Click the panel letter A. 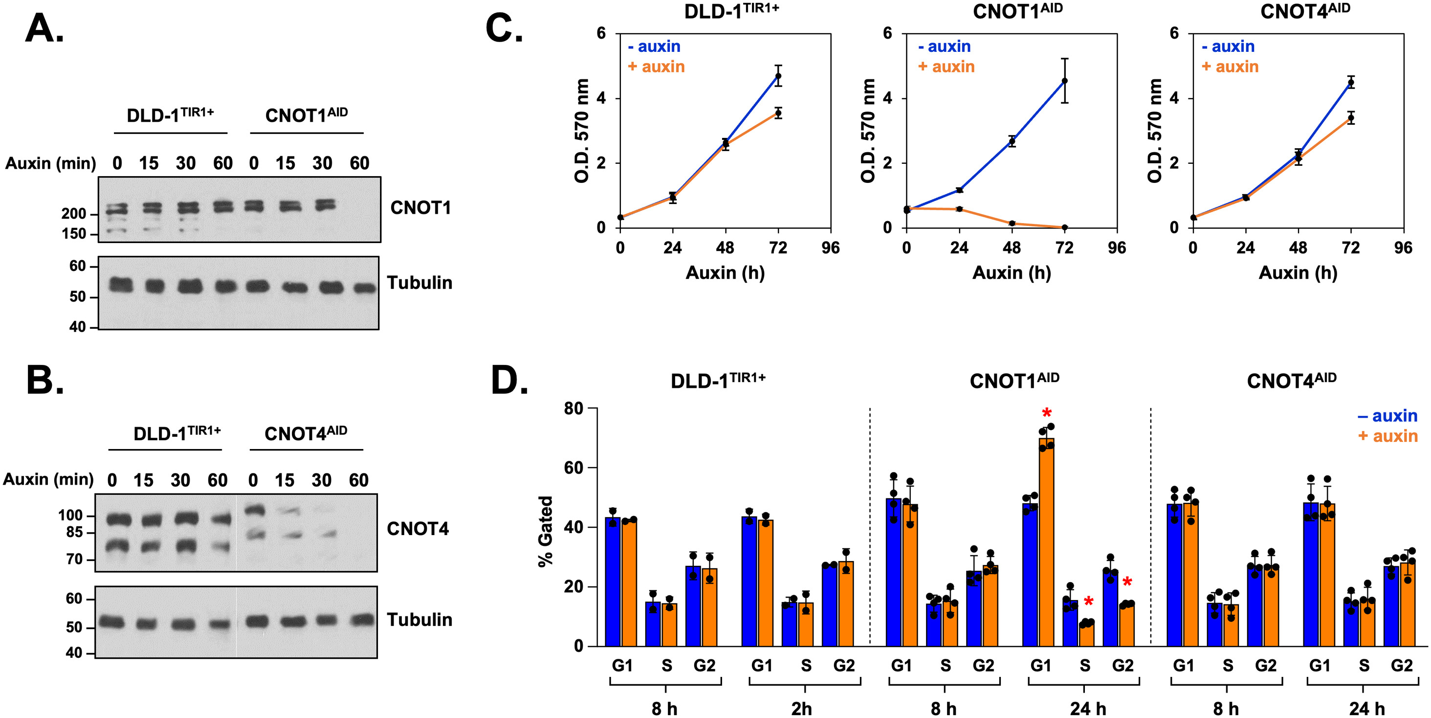click(x=44, y=29)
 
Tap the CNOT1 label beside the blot click(x=420, y=208)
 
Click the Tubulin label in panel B click(x=419, y=620)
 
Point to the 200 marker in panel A click(x=73, y=214)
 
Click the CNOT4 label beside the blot click(x=417, y=529)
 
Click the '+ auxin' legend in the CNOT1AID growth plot click(x=946, y=67)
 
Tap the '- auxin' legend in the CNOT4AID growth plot click(x=1228, y=46)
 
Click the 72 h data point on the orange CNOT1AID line click(x=1064, y=227)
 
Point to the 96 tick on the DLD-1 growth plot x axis click(x=831, y=248)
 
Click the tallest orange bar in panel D click(x=1047, y=542)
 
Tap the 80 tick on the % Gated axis click(x=573, y=408)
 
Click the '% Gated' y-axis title click(x=546, y=531)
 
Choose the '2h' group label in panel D click(x=801, y=709)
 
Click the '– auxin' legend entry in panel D click(x=1387, y=416)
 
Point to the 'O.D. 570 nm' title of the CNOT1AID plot click(x=868, y=131)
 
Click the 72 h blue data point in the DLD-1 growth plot click(x=778, y=76)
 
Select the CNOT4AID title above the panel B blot click(x=306, y=433)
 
